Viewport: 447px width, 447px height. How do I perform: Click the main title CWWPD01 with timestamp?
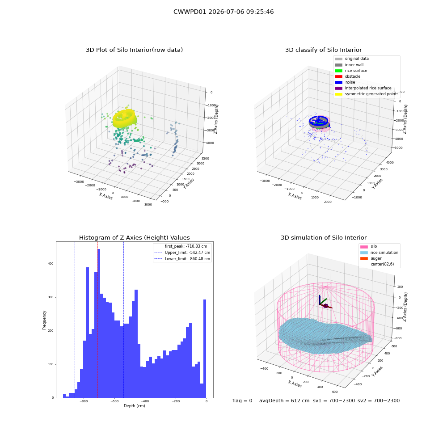coord(223,12)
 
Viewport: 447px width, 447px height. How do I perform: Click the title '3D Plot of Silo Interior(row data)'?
coord(134,50)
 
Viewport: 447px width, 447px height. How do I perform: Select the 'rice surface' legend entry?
coord(351,71)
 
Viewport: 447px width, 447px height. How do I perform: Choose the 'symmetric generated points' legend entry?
coord(367,94)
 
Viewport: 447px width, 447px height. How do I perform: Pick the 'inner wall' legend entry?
coord(349,65)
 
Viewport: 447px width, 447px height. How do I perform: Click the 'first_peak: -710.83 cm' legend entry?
coord(181,246)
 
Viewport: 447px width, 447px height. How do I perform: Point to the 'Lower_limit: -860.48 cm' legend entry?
coord(182,259)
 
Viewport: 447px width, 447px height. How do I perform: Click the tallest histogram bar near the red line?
coord(99,323)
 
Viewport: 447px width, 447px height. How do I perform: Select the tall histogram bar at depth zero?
coord(205,349)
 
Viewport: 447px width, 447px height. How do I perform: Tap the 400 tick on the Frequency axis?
coord(51,264)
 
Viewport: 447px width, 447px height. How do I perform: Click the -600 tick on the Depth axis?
coord(114,401)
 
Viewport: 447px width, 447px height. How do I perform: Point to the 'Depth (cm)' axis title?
coord(135,406)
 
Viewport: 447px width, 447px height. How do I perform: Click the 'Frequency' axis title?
coord(44,320)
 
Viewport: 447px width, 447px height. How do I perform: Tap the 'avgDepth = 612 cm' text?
coord(284,401)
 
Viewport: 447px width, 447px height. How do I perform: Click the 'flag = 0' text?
coord(242,401)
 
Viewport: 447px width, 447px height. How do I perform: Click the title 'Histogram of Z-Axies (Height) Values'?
coord(134,238)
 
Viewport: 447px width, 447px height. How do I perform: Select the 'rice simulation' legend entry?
coord(380,253)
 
